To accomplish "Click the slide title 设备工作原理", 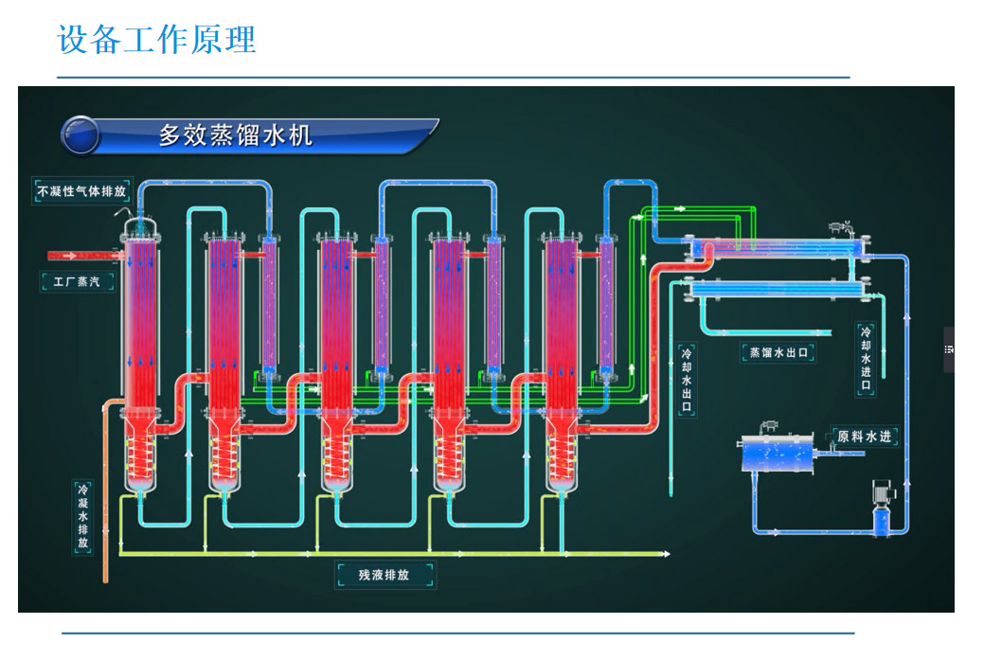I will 156,40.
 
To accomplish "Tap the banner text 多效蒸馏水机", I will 235,135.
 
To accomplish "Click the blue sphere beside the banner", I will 80,135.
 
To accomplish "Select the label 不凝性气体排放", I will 81,190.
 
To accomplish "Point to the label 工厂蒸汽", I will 76,280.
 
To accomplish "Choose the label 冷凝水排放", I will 83,517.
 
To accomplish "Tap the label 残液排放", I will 384,575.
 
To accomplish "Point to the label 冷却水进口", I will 865,360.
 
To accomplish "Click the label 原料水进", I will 864,437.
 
